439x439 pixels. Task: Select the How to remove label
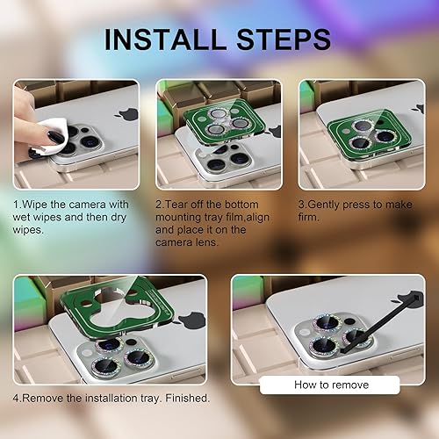331,385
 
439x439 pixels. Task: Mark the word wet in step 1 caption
25,217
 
